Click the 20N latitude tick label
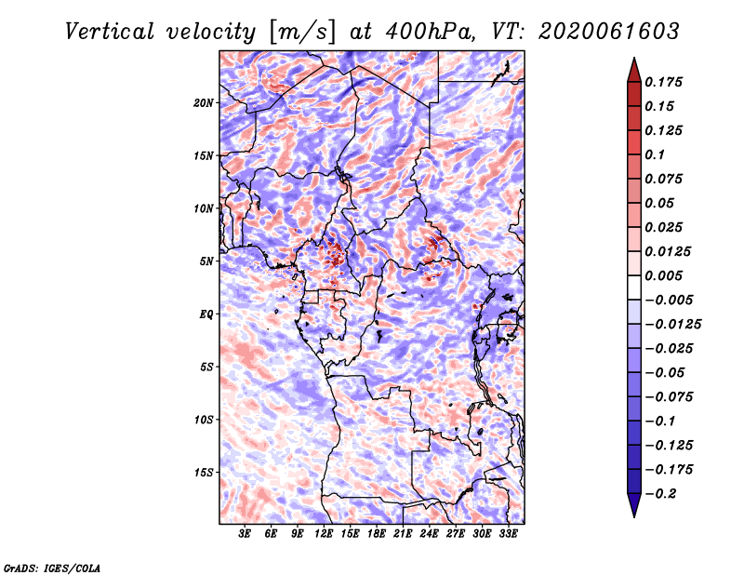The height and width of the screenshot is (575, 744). coord(203,103)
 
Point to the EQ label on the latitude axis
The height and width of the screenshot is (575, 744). coord(206,314)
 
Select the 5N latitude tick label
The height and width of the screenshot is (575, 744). coord(206,261)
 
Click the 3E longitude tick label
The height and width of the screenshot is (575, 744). coord(245,534)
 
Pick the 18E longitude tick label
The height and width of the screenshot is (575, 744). coord(377,534)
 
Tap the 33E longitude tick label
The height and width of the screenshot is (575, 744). coord(508,534)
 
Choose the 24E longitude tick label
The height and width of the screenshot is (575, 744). coord(429,534)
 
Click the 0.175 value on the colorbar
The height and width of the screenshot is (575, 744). coord(663,82)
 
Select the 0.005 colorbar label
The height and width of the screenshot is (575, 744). coord(663,275)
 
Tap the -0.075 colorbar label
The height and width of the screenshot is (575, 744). coord(669,397)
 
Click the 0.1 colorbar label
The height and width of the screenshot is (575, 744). coord(655,154)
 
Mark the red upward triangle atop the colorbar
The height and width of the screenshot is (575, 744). coord(634,70)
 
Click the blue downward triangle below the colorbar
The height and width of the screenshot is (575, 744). coord(634,505)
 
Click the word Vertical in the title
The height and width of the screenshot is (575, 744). coord(110,32)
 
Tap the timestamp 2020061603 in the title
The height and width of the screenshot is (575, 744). coord(609,32)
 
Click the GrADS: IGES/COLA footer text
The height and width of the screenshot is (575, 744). coord(52,568)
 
